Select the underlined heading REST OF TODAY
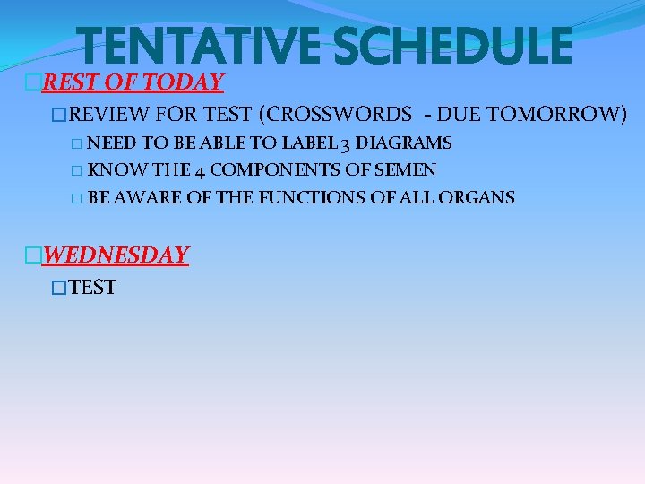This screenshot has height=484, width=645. (133, 82)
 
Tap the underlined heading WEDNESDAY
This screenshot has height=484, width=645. (116, 255)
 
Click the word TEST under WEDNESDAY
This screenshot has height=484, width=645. (92, 288)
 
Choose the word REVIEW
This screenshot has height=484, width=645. (108, 114)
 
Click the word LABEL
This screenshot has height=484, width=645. (308, 143)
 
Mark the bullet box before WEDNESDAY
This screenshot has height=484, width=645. (33, 255)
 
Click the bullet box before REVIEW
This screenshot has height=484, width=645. (60, 115)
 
